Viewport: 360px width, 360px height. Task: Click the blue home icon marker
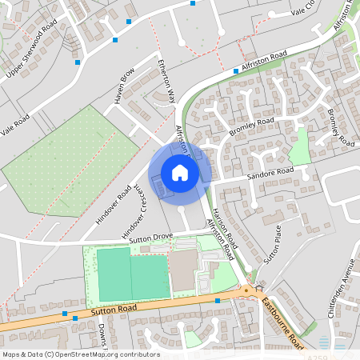[180, 172]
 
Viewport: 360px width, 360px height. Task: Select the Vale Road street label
[15, 127]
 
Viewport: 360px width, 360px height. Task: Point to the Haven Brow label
[126, 86]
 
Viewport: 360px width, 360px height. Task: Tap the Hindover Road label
[112, 205]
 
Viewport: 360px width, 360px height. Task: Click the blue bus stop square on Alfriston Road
[235, 71]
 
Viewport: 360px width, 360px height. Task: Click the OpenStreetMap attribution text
[80, 354]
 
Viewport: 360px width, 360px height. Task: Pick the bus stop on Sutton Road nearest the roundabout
[218, 301]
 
